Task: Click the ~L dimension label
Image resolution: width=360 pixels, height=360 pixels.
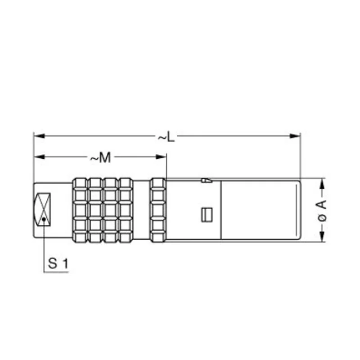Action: pyautogui.click(x=166, y=137)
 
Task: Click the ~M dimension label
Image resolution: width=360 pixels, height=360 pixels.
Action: pyautogui.click(x=100, y=157)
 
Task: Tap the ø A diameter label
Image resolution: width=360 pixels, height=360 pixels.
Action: pyautogui.click(x=322, y=210)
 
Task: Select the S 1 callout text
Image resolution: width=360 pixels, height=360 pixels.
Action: pyautogui.click(x=58, y=263)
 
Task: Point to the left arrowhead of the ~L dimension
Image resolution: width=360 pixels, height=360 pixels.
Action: pyautogui.click(x=39, y=136)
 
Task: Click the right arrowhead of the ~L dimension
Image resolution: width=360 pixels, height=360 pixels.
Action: pyautogui.click(x=295, y=136)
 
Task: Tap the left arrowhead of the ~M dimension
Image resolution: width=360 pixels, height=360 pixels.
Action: pyautogui.click(x=39, y=157)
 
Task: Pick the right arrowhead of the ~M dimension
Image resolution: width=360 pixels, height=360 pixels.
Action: pyautogui.click(x=161, y=157)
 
